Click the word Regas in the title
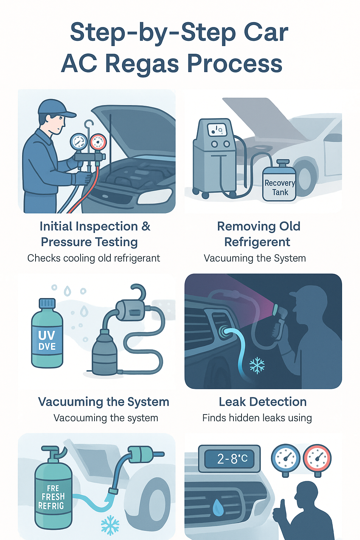pyautogui.click(x=142, y=64)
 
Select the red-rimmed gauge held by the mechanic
pyautogui.click(x=98, y=142)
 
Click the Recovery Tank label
pyautogui.click(x=279, y=187)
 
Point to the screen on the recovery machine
pyautogui.click(x=217, y=130)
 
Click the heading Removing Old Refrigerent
pyautogui.click(x=258, y=234)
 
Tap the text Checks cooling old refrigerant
pyautogui.click(x=94, y=258)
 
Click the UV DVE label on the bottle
pyautogui.click(x=47, y=340)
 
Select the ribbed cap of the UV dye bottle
pyautogui.click(x=47, y=303)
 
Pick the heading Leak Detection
pyautogui.click(x=263, y=401)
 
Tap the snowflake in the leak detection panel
pyautogui.click(x=257, y=366)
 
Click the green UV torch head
pyautogui.click(x=277, y=309)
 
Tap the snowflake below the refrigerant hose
pyautogui.click(x=110, y=525)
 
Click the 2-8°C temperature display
pyautogui.click(x=230, y=458)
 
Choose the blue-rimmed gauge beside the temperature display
pyautogui.click(x=285, y=458)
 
